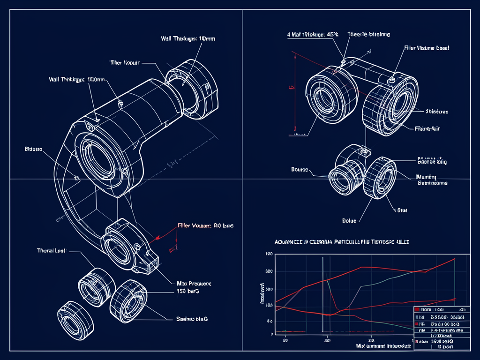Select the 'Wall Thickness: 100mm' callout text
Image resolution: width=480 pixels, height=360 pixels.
77,80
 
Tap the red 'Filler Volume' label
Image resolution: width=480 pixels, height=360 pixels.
205,225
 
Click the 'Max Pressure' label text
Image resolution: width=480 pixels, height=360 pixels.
194,284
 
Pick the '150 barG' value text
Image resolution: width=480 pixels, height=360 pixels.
187,291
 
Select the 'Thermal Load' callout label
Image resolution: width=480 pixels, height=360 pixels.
51,251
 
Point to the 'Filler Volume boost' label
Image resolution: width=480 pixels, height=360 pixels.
427,48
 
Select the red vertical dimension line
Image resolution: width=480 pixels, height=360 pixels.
295,91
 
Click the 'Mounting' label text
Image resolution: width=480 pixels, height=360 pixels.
427,177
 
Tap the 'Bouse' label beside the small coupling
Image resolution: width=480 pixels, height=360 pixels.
300,169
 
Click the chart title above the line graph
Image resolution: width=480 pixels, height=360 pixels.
342,241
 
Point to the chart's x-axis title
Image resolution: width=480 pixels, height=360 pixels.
383,346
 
